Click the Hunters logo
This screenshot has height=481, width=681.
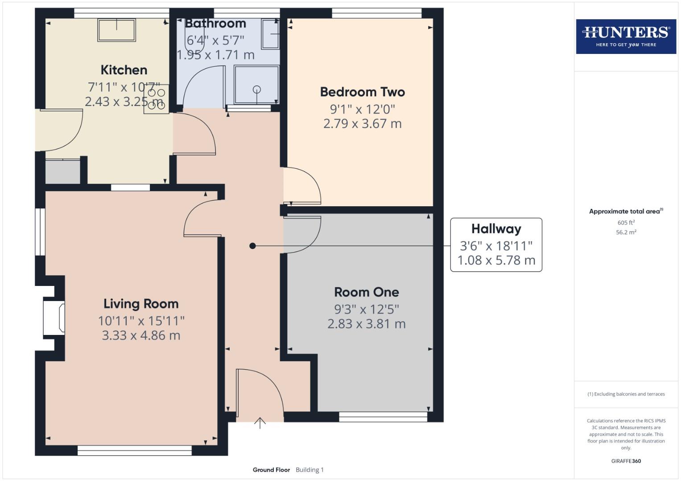pos(626,36)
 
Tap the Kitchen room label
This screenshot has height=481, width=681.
pos(124,70)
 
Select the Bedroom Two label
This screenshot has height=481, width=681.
pos(362,92)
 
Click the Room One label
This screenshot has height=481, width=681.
pos(367,292)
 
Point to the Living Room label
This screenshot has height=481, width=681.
pos(141,304)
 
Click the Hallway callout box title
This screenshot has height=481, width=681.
pos(496,229)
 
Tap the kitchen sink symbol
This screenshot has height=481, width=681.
pos(116,30)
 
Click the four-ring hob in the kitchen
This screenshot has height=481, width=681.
pos(156,99)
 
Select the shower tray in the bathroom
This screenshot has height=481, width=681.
pos(256,85)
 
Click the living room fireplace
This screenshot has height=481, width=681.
pos(54,317)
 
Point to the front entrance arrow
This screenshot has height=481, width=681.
pos(260,422)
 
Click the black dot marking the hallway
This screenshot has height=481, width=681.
pos(252,246)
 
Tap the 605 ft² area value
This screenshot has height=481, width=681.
pos(626,223)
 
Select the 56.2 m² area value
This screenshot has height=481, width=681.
pos(626,232)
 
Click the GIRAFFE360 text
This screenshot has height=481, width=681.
pos(626,461)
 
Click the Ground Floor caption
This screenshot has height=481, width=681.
pos(271,470)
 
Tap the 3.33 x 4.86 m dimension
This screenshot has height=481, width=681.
pos(141,335)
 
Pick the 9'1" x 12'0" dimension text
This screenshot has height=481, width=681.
pos(362,109)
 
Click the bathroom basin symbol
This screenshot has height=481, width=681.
pos(270,34)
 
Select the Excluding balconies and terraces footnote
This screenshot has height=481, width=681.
pos(626,394)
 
